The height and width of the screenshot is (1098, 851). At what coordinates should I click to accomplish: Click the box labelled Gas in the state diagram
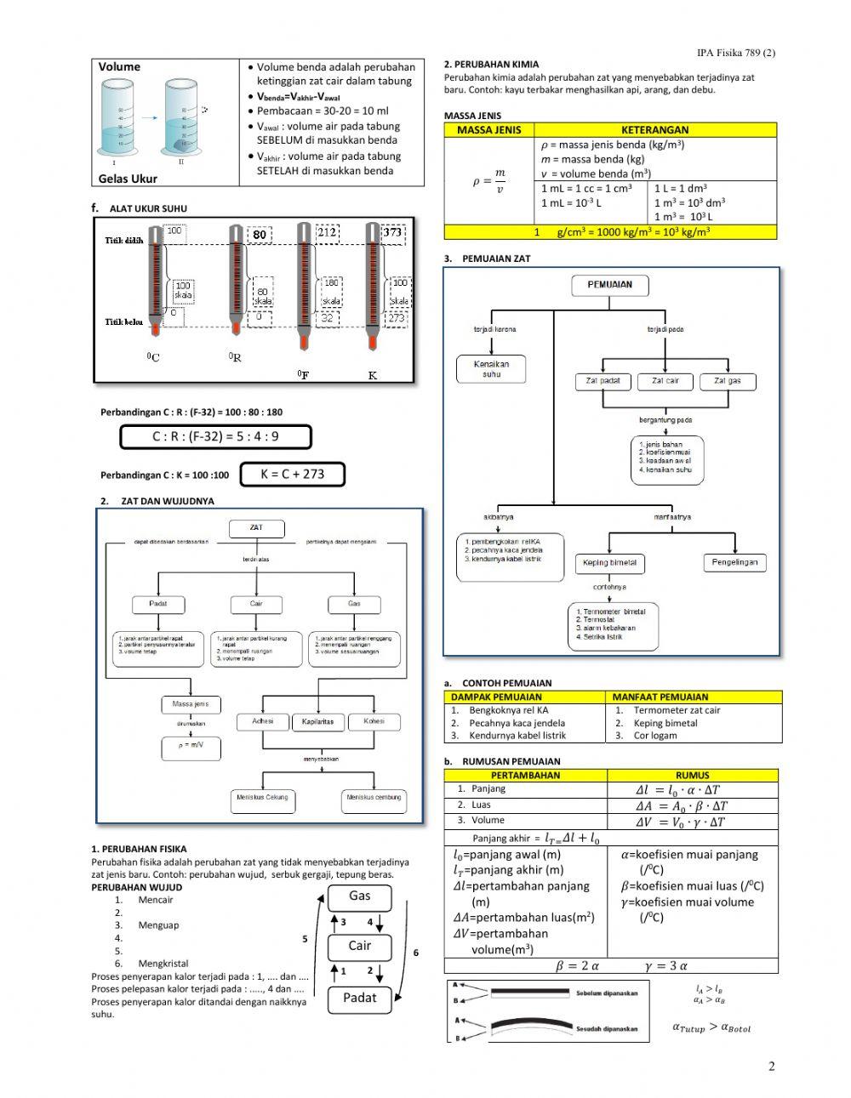point(360,896)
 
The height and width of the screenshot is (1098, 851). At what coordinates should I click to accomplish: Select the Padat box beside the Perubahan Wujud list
point(360,998)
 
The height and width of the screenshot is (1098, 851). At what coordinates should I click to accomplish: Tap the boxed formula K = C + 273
point(293,475)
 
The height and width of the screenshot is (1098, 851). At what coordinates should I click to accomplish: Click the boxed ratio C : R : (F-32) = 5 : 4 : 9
point(215,437)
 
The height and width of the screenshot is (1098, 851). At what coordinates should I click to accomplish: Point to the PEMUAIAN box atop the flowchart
point(610,286)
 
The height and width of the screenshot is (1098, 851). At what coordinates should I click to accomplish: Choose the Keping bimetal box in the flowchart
point(610,563)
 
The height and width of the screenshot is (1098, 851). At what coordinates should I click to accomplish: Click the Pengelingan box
point(734,562)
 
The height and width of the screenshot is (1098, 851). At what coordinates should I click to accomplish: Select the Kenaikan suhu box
point(492,369)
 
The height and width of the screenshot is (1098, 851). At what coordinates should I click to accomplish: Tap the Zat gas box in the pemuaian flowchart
point(728,382)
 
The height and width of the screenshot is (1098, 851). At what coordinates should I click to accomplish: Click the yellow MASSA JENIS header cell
point(489,130)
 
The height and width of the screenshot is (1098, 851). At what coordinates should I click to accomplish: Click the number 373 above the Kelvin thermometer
point(392,231)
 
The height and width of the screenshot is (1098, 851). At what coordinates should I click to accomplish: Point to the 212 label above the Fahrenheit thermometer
point(328,231)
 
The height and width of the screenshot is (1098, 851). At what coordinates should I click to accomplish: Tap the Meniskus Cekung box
point(262,799)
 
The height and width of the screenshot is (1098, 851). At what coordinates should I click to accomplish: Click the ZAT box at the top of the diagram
point(256,528)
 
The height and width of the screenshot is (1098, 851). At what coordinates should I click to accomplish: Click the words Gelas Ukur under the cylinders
point(128,179)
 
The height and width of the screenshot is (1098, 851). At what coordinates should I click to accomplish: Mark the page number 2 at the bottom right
point(772,1067)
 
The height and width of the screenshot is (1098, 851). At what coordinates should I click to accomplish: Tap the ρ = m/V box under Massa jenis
point(191,746)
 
